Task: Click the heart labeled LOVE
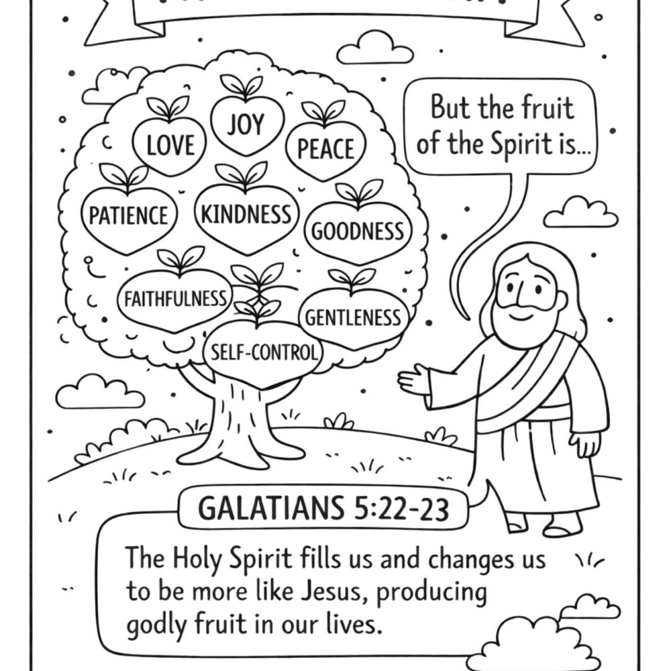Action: point(170,144)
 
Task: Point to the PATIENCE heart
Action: point(129,216)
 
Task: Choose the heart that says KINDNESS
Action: point(246,215)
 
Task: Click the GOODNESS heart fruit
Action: point(358,232)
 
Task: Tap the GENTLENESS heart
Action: point(353,317)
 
